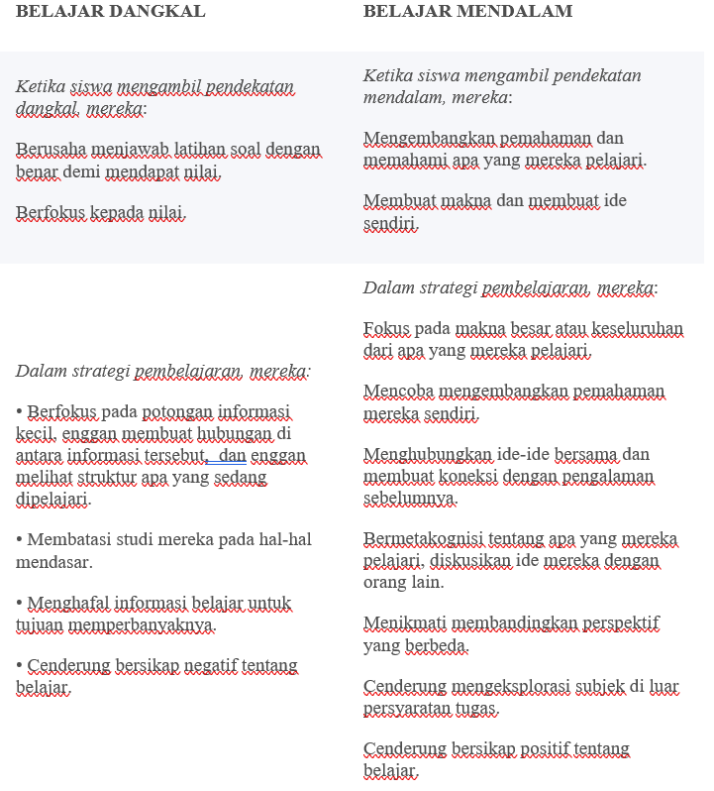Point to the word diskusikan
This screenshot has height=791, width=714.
(457, 560)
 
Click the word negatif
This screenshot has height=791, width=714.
(196, 664)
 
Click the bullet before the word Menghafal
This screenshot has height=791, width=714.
(20, 603)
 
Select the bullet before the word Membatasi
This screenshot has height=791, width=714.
(20, 540)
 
